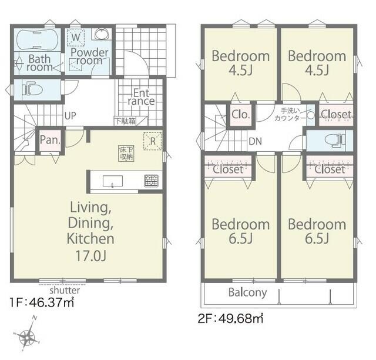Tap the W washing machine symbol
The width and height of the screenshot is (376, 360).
pyautogui.click(x=76, y=37)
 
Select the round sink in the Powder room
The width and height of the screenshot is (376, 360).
pyautogui.click(x=102, y=34)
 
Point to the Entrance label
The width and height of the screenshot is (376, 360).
pyautogui.click(x=141, y=97)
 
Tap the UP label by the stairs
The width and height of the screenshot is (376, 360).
pyautogui.click(x=70, y=116)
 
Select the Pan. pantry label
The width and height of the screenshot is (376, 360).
pyautogui.click(x=50, y=140)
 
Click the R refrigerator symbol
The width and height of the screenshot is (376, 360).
pyautogui.click(x=153, y=141)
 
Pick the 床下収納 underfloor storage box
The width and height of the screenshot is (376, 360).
pyautogui.click(x=126, y=153)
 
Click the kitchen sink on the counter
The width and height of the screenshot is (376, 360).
pyautogui.click(x=113, y=181)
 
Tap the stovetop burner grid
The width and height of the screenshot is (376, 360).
pyautogui.click(x=151, y=181)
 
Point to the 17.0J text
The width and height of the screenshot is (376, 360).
pyautogui.click(x=91, y=255)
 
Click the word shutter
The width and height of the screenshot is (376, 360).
pyautogui.click(x=65, y=291)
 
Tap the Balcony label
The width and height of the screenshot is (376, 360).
pyautogui.click(x=247, y=292)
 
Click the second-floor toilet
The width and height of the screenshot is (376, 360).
pyautogui.click(x=335, y=140)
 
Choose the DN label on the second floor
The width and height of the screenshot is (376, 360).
pyautogui.click(x=256, y=141)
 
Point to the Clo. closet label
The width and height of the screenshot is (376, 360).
pyautogui.click(x=241, y=115)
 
